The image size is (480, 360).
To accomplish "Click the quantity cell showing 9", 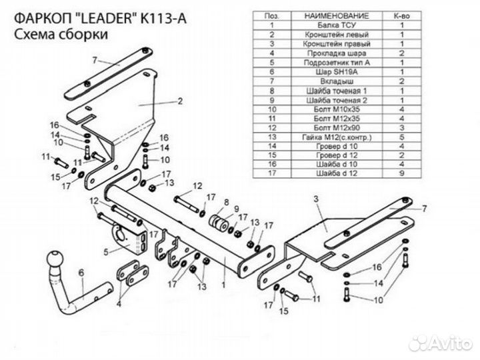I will click(x=402, y=173).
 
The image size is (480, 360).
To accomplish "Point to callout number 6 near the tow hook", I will click(x=81, y=271).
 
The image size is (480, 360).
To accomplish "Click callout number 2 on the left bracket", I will click(x=179, y=102).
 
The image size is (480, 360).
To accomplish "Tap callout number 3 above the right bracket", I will click(x=317, y=199).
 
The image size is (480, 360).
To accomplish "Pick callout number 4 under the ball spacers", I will click(x=119, y=303).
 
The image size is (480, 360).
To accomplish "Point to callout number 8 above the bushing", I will click(x=226, y=201).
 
